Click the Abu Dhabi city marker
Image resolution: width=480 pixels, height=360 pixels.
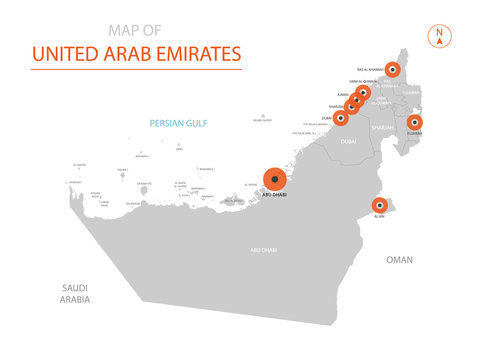pyautogui.click(x=275, y=180)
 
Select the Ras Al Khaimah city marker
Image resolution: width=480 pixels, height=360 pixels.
pyautogui.click(x=393, y=70)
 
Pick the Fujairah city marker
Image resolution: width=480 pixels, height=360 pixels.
pyautogui.click(x=414, y=123)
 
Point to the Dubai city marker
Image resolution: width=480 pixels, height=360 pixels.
pyautogui.click(x=341, y=117)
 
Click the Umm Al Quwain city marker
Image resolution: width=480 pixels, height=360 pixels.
pyautogui.click(x=363, y=93)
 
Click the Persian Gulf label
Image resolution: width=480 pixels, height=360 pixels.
pyautogui.click(x=177, y=124)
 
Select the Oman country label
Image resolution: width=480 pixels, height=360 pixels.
pyautogui.click(x=399, y=259)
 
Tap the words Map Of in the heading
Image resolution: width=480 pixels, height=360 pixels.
pyautogui.click(x=136, y=30)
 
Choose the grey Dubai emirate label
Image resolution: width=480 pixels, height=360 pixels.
pyautogui.click(x=348, y=142)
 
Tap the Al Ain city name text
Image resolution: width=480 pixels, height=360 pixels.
pyautogui.click(x=378, y=216)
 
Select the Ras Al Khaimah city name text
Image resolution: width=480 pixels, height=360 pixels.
pyautogui.click(x=372, y=70)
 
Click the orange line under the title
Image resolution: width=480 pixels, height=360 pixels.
pyautogui.click(x=136, y=69)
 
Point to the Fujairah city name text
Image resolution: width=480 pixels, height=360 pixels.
pyautogui.click(x=414, y=133)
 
